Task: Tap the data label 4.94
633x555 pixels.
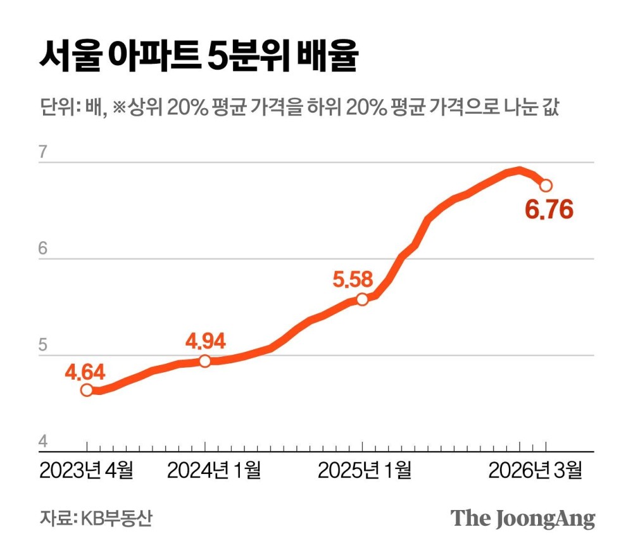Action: pos(206,342)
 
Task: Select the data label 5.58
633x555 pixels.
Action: pos(353,278)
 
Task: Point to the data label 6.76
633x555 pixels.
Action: pos(549,208)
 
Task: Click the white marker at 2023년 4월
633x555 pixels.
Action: pos(87,390)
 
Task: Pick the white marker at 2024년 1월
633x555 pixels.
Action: pos(205,361)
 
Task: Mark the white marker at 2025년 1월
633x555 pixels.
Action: pos(361,299)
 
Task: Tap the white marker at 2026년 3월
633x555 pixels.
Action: pos(546,185)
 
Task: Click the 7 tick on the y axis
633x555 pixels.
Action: pos(43,153)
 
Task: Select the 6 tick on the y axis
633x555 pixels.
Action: pos(43,249)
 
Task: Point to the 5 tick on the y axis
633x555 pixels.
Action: pos(43,346)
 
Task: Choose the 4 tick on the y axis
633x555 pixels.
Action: pos(43,442)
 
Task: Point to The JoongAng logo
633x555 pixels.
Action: pos(523,518)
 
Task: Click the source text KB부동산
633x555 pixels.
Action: pos(116,518)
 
